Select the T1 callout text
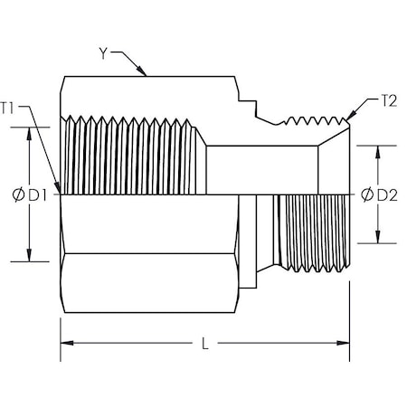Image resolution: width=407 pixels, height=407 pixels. [9, 108]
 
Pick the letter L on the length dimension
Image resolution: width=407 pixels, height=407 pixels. [207, 344]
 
